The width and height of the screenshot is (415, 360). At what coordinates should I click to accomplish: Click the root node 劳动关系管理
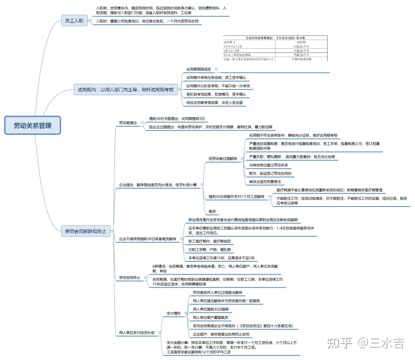point(33,126)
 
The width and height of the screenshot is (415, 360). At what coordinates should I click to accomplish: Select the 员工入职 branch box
point(74,21)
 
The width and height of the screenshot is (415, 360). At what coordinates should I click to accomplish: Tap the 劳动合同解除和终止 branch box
point(86,231)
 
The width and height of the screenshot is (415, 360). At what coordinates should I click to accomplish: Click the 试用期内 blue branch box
point(126,90)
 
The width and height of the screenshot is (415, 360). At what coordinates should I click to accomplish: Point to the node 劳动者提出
point(128,123)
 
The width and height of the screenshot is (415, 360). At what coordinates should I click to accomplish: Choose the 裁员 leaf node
point(212,211)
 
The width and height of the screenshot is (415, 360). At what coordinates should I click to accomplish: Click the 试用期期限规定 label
point(199,69)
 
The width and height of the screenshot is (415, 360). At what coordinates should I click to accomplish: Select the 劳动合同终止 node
point(130,277)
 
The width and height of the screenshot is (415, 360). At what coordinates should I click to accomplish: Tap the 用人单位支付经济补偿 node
point(137,333)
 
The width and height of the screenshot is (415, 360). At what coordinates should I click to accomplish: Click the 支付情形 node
point(174,313)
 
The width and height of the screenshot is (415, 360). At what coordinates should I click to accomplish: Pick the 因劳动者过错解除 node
point(223,159)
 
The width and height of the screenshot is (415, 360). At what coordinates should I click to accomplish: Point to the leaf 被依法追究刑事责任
point(265,182)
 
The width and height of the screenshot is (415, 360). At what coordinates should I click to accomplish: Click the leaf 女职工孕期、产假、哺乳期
point(210,249)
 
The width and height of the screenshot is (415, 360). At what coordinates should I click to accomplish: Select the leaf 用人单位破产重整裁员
point(210,317)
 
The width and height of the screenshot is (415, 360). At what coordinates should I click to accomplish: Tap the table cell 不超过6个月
point(301,55)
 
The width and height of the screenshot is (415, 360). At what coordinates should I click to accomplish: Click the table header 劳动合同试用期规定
point(275,38)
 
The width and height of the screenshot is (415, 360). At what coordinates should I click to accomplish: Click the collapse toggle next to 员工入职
point(89,20)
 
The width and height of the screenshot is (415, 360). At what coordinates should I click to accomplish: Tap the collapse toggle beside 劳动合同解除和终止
point(112,231)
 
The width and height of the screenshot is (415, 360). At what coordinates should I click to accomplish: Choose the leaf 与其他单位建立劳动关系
point(268,165)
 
